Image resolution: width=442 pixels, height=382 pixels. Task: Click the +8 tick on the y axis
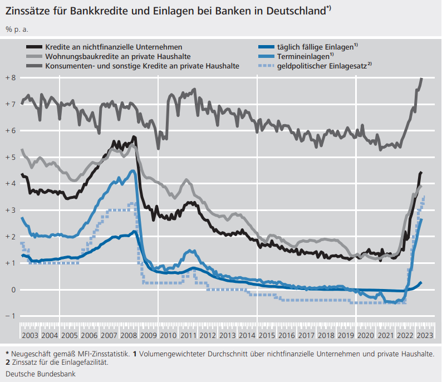[11, 77]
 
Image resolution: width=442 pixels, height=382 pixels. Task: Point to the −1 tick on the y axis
[11, 316]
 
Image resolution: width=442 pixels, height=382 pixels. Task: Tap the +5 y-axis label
[11, 157]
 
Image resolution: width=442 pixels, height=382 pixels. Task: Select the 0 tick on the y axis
[13, 290]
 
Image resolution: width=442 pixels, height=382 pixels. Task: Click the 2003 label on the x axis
[30, 335]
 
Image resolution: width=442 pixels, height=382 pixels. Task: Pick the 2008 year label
[128, 335]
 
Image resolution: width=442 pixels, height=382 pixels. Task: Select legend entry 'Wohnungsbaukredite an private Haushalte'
[118, 56]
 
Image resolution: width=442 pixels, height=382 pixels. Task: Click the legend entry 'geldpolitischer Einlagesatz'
[321, 66]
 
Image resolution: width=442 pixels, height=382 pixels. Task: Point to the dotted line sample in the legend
[267, 66]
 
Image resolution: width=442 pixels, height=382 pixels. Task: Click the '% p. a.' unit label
[17, 28]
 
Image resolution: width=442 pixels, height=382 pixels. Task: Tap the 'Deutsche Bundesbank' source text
[41, 374]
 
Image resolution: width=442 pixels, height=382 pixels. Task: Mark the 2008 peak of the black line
[134, 137]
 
